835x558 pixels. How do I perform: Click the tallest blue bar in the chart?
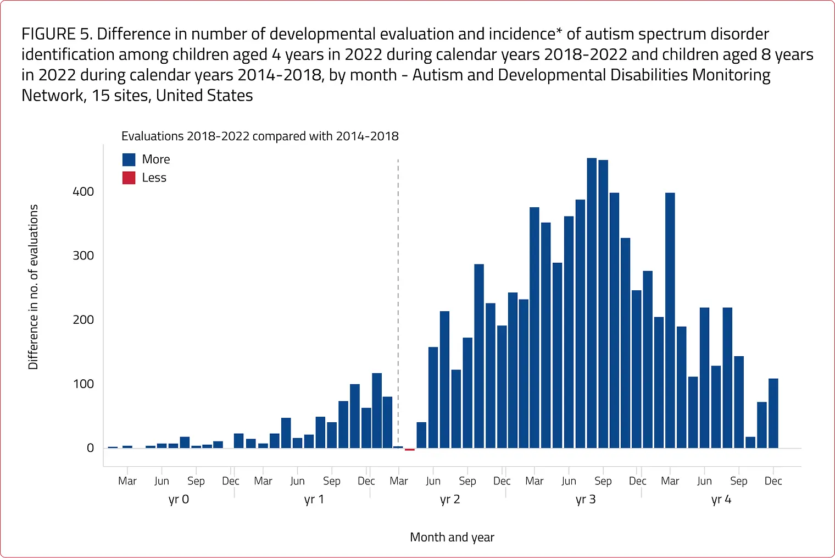(x=592, y=303)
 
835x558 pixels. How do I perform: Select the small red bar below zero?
(x=410, y=450)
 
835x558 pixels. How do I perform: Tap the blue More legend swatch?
(x=129, y=159)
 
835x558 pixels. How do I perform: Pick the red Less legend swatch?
(x=129, y=178)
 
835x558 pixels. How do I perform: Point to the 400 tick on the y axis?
(x=83, y=192)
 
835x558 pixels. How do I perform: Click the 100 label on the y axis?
(x=83, y=384)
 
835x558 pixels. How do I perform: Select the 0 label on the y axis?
(x=90, y=448)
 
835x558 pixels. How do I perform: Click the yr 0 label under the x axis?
(x=179, y=499)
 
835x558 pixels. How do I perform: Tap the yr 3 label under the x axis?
(x=586, y=499)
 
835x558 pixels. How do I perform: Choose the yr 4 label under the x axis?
(x=721, y=499)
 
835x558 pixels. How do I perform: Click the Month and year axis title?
(x=452, y=537)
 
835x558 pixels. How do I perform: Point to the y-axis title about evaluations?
(x=33, y=287)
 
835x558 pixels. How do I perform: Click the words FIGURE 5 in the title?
(x=57, y=34)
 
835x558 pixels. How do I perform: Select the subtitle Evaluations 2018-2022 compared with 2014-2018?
(x=260, y=136)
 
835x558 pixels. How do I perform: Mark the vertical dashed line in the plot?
(x=398, y=303)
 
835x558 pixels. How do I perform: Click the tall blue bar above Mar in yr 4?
(x=670, y=321)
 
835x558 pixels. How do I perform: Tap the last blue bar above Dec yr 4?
(x=773, y=413)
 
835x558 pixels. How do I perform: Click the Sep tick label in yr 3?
(x=603, y=481)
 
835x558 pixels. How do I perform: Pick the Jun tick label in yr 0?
(x=162, y=481)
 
